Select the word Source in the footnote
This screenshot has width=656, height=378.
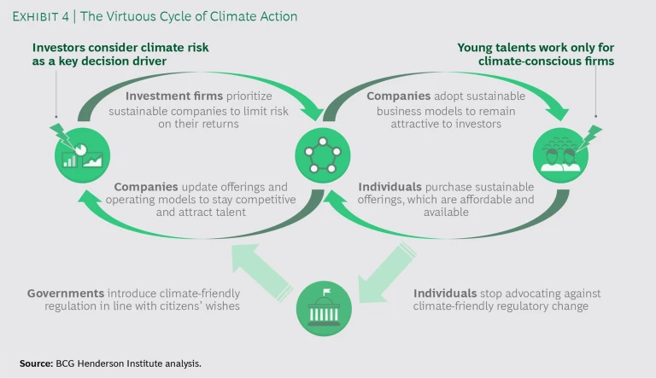[x=37, y=363]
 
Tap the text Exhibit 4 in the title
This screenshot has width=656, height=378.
[x=40, y=16]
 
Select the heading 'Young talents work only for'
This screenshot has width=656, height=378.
[x=536, y=48]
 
